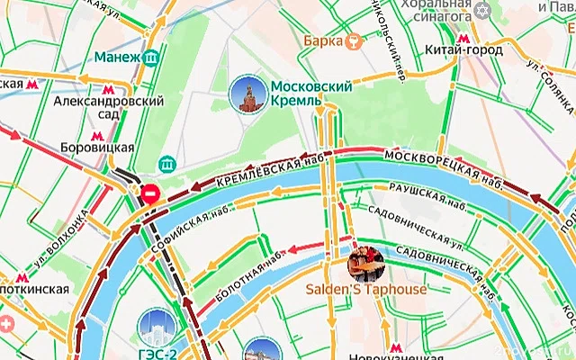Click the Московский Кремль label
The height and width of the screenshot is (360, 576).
coord(310,93)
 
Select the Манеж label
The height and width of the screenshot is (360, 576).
coord(117,58)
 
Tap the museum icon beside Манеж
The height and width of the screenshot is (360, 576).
coord(153,58)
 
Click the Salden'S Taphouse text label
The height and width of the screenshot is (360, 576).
coord(366,290)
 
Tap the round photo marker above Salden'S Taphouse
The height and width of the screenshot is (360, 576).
coord(366,262)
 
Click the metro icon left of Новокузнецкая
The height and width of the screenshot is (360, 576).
coord(397,347)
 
